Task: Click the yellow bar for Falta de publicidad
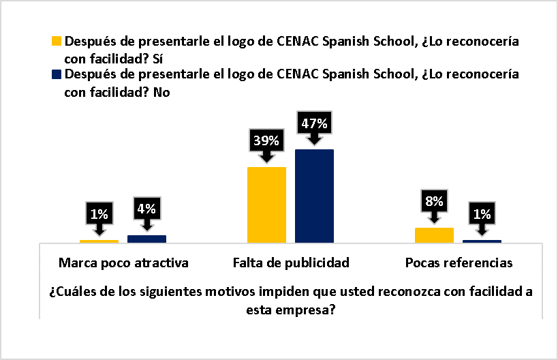click(x=266, y=205)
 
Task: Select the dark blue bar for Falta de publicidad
click(x=314, y=196)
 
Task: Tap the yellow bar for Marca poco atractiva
click(x=99, y=241)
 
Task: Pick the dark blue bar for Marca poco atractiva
click(x=146, y=239)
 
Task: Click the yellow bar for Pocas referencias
click(x=434, y=235)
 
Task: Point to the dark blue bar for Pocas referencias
click(x=482, y=241)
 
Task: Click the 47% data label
click(x=314, y=124)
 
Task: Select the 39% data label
click(x=266, y=141)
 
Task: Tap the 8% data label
click(x=434, y=201)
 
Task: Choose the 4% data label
click(x=146, y=209)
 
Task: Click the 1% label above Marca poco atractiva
click(x=99, y=214)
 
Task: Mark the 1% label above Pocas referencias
click(x=482, y=214)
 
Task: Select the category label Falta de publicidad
click(x=291, y=262)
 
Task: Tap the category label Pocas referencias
click(x=458, y=262)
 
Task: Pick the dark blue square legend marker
click(x=57, y=75)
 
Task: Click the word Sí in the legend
click(x=160, y=57)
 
